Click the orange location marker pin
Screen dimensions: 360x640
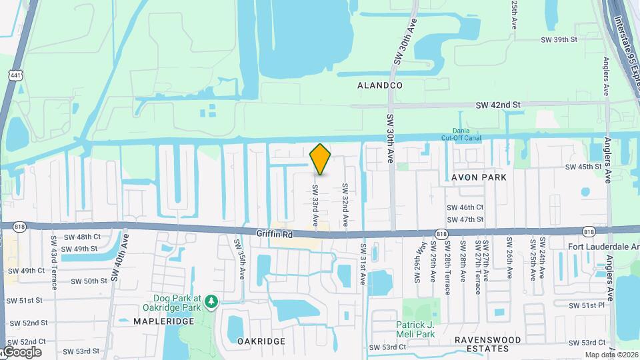coord(321,159)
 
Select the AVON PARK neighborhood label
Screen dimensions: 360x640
coord(479,177)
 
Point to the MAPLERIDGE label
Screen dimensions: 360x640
coord(163,321)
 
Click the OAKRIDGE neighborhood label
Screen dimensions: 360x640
coord(261,341)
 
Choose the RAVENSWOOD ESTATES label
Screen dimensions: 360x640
coord(487,344)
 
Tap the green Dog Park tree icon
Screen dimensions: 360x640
coord(212,302)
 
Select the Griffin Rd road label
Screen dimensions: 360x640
coord(275,235)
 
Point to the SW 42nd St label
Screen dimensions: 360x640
coord(497,105)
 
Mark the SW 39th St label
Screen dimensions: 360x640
coord(558,40)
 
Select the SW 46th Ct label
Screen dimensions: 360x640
coord(465,208)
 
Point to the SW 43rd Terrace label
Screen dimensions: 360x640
coord(54,262)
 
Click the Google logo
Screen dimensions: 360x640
coord(22,352)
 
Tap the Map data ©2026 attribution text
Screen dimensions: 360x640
coord(611,355)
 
